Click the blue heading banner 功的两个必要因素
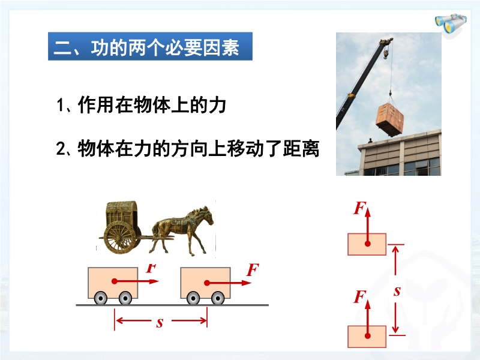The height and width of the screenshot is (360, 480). tap(151, 46)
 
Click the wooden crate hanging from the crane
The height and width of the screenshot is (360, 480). tap(389, 119)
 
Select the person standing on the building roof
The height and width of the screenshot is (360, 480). tap(370, 140)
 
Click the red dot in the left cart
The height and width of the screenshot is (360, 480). tap(115, 281)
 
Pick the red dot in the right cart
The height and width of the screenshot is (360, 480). tap(207, 283)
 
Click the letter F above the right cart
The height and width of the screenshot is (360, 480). tap(253, 269)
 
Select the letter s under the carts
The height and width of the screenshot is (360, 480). tap(160, 323)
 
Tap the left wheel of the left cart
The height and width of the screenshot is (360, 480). tap(100, 298)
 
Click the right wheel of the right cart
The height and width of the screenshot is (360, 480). tap(218, 298)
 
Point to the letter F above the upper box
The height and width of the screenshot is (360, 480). tap(359, 208)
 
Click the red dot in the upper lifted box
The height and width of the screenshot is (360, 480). tap(368, 244)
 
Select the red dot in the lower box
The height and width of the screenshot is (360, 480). tap(368, 336)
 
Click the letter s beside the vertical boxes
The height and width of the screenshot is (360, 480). tap(397, 291)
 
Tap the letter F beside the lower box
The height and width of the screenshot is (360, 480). tap(359, 297)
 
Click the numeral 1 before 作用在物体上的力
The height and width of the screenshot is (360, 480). tap(61, 105)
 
